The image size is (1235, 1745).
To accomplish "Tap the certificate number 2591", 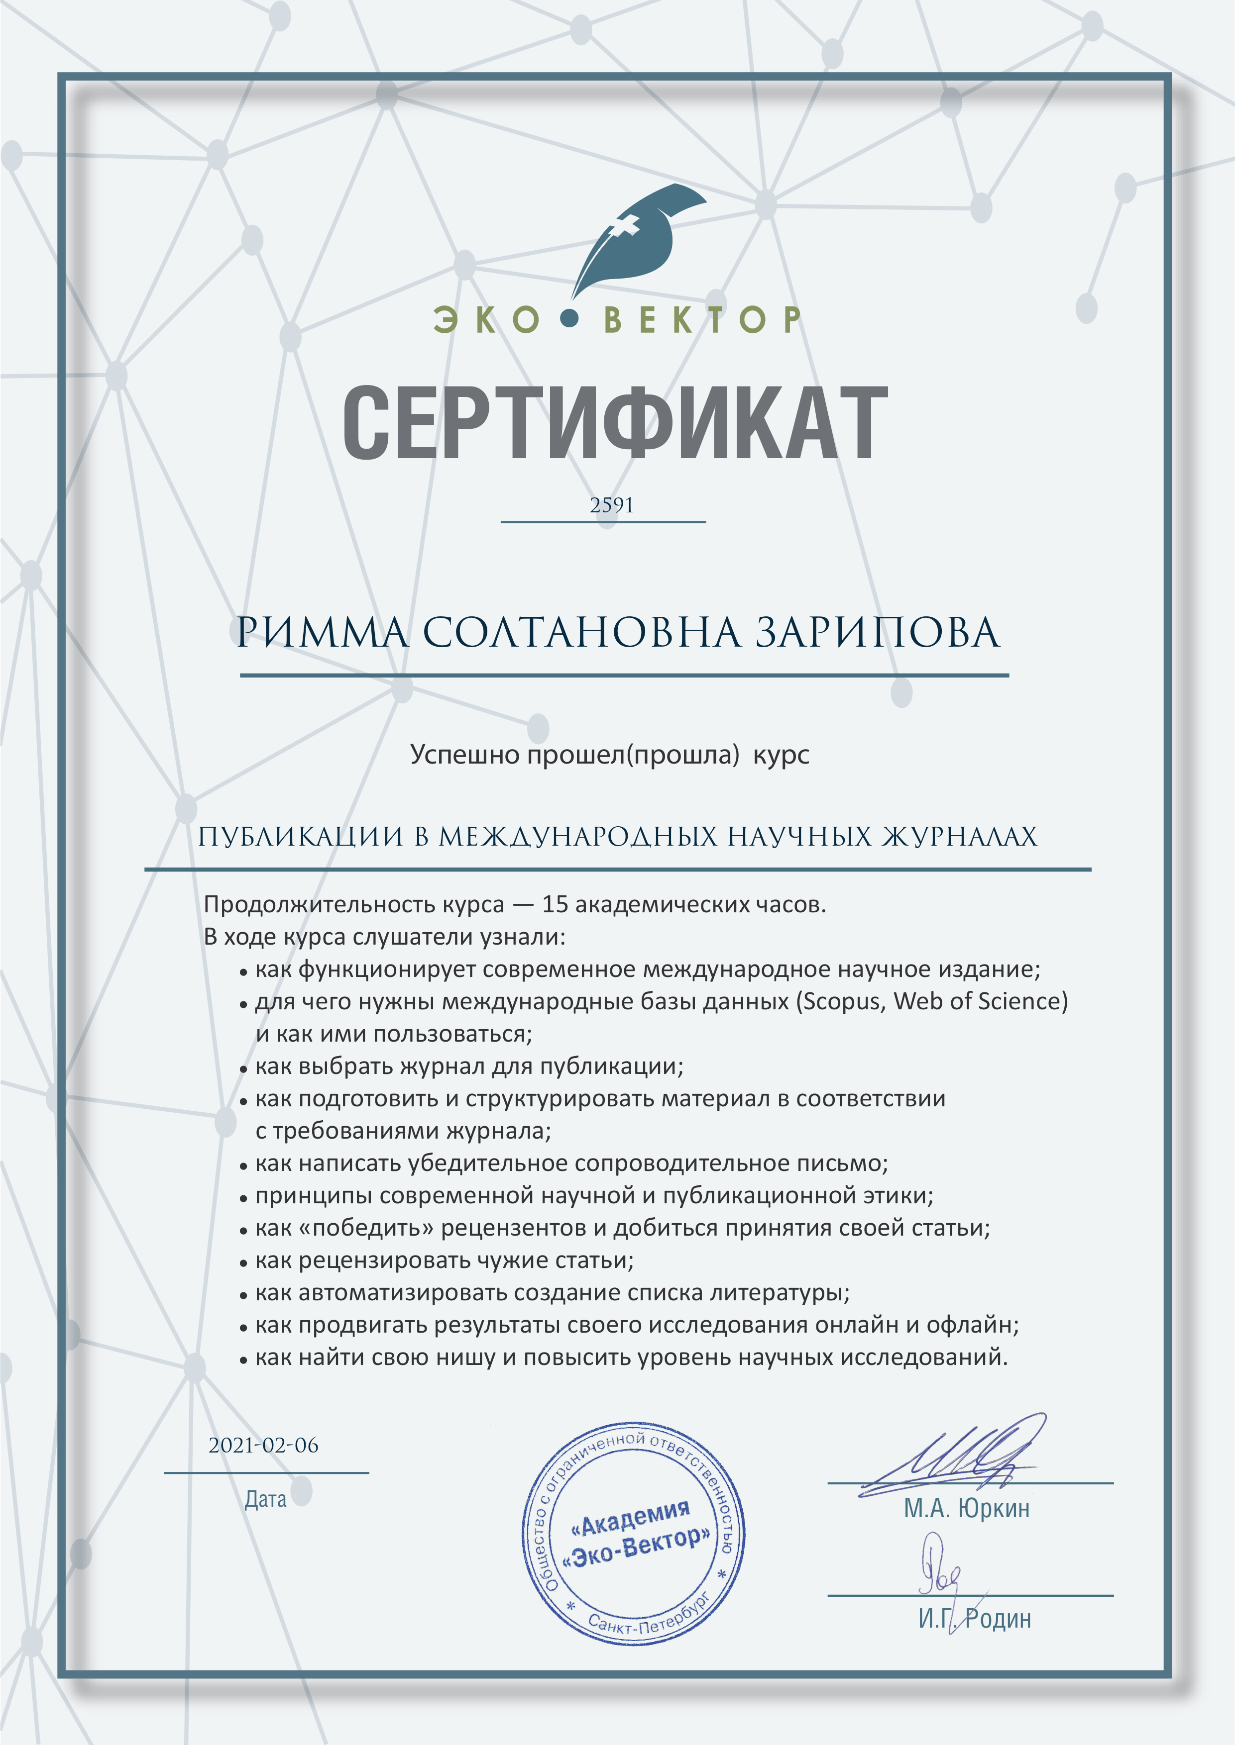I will [x=611, y=505].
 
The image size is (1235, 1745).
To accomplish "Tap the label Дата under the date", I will [x=265, y=1499].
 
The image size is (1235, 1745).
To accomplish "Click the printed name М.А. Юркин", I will [x=967, y=1508].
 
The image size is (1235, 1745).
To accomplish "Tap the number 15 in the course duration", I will [x=555, y=904].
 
